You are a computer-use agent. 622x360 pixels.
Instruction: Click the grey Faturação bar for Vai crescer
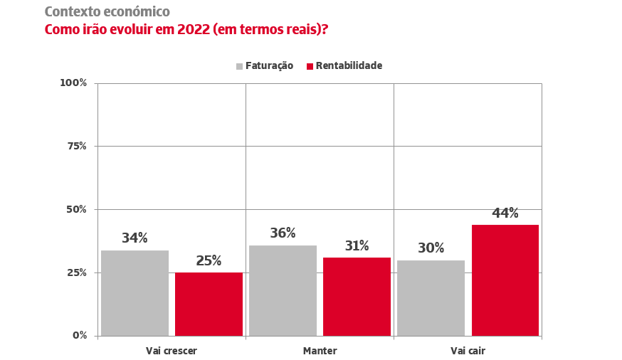[x=135, y=292]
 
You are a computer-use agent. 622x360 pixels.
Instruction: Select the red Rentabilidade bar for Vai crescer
[x=209, y=304]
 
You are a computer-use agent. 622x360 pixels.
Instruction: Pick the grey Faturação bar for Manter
[x=283, y=290]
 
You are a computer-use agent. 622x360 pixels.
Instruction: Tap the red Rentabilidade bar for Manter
[x=357, y=296]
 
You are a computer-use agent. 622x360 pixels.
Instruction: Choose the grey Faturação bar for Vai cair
[x=431, y=297]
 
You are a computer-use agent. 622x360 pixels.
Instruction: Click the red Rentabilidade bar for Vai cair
[x=505, y=280]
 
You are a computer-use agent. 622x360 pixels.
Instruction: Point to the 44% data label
[x=505, y=213]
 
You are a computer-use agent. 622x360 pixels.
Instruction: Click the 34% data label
[x=135, y=238]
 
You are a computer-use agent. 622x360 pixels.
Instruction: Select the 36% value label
[x=283, y=233]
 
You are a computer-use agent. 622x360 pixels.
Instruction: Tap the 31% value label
[x=357, y=246]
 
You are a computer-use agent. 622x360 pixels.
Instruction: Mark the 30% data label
[x=431, y=248]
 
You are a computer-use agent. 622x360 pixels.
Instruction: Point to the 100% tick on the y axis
[x=73, y=83]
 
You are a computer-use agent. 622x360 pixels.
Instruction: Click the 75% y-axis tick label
[x=75, y=146]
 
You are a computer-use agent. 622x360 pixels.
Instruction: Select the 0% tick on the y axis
[x=79, y=335]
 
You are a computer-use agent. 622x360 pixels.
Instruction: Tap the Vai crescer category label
[x=172, y=351]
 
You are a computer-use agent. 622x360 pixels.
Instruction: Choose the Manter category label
[x=320, y=351]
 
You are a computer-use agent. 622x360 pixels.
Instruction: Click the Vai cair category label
[x=468, y=351]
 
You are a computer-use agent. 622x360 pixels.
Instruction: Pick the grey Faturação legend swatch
[x=240, y=66]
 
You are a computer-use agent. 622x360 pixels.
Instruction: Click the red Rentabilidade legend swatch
[x=310, y=66]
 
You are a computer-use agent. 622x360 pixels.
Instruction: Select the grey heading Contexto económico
[x=107, y=12]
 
